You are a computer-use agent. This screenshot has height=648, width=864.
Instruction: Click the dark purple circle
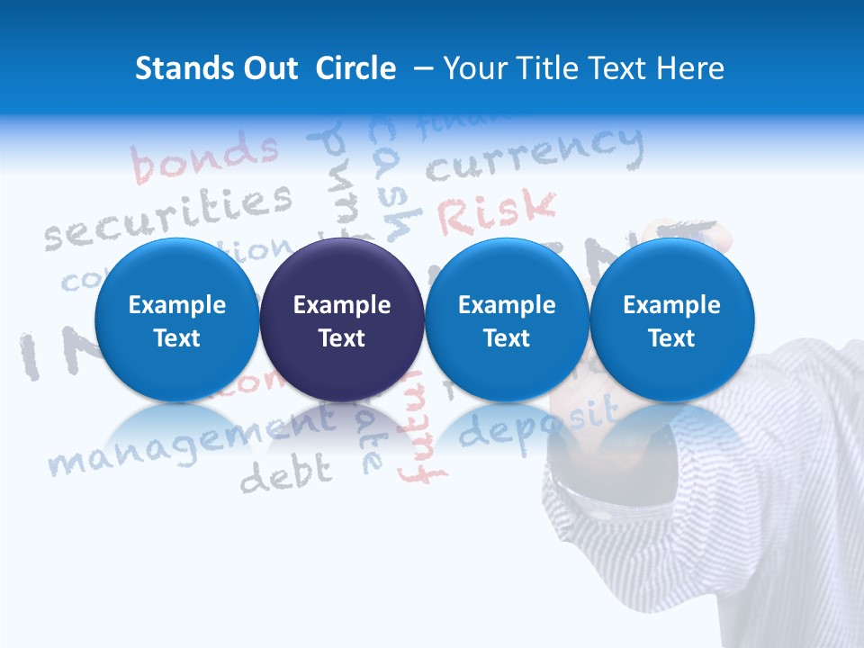click(x=342, y=319)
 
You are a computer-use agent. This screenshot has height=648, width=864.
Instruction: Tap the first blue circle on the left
click(x=176, y=319)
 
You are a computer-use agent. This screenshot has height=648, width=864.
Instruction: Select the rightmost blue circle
click(x=671, y=319)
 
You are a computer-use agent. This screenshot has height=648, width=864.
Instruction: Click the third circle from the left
click(x=507, y=319)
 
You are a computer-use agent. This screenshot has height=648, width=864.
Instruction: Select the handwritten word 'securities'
click(x=169, y=216)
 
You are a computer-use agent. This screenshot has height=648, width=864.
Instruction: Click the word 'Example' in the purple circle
click(x=342, y=305)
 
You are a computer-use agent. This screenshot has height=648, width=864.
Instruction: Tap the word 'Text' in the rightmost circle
click(x=671, y=338)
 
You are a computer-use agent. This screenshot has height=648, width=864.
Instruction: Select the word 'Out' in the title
click(x=267, y=68)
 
